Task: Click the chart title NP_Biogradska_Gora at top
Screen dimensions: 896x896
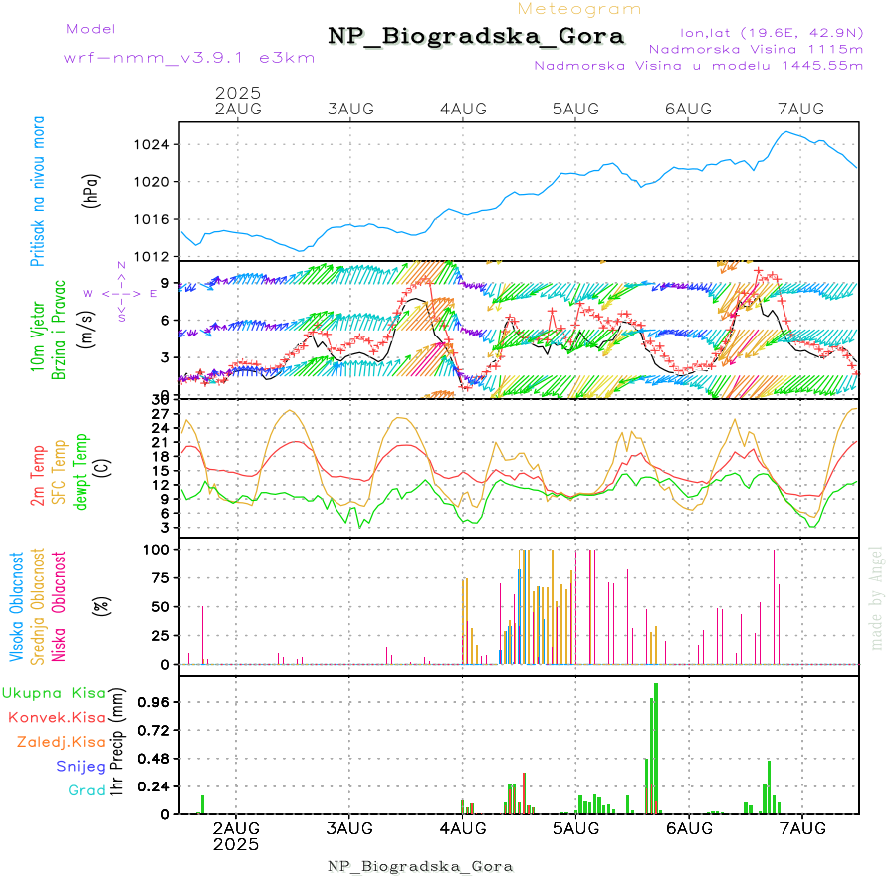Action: coord(476,37)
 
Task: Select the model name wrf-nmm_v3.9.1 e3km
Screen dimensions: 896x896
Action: coord(189,57)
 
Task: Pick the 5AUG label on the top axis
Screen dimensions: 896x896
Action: coord(574,109)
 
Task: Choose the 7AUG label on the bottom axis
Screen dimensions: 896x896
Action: coord(802,828)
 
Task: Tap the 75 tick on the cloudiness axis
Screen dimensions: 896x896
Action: coord(160,577)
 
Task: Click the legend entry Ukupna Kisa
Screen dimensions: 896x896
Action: coord(54,692)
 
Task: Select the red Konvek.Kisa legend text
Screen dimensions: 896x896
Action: coord(56,717)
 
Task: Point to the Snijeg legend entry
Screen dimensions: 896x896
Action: coord(81,766)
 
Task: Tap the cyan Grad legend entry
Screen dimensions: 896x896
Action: coord(87,790)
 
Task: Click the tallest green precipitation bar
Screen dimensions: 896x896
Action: coord(656,747)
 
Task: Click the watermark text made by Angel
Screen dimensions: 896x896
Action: coord(877,597)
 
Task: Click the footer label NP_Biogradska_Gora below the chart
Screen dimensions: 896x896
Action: coord(420,866)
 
